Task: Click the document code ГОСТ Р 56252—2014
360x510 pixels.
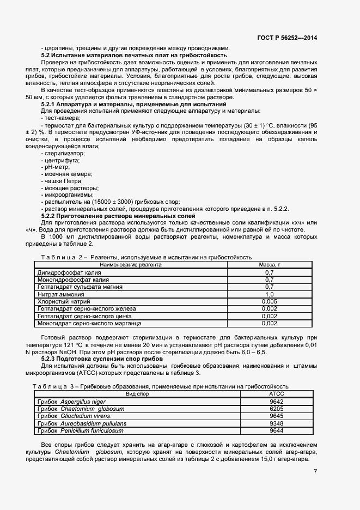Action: (x=287, y=38)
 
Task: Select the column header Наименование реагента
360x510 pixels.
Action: (x=130, y=264)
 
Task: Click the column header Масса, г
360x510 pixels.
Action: (x=269, y=264)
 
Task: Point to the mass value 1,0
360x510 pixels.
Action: (x=269, y=294)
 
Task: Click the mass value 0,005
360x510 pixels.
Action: (x=269, y=301)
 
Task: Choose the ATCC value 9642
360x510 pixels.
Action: (x=277, y=401)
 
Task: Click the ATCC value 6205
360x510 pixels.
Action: (x=277, y=409)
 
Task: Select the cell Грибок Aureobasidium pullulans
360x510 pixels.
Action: (x=82, y=423)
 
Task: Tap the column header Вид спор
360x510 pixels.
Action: (x=137, y=393)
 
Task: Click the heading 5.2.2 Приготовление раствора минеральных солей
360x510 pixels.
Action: (x=118, y=216)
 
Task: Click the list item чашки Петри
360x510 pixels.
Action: (x=63, y=181)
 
